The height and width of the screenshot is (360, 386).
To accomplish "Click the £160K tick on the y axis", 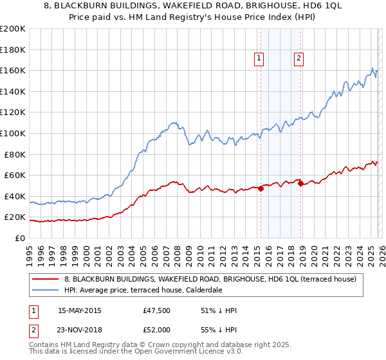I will (14, 70).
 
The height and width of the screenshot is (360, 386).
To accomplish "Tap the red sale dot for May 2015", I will (261, 188).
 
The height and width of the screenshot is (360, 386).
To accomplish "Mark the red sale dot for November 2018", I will (300, 184).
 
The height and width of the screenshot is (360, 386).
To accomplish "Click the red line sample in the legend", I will (46, 279).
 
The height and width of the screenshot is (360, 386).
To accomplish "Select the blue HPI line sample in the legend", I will (46, 290).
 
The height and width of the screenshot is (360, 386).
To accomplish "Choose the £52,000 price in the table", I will (157, 329).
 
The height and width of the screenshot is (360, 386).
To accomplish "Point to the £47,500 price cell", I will (157, 311).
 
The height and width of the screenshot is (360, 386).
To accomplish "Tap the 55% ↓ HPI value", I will (219, 329).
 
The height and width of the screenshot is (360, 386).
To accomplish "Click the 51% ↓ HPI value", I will (219, 311).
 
